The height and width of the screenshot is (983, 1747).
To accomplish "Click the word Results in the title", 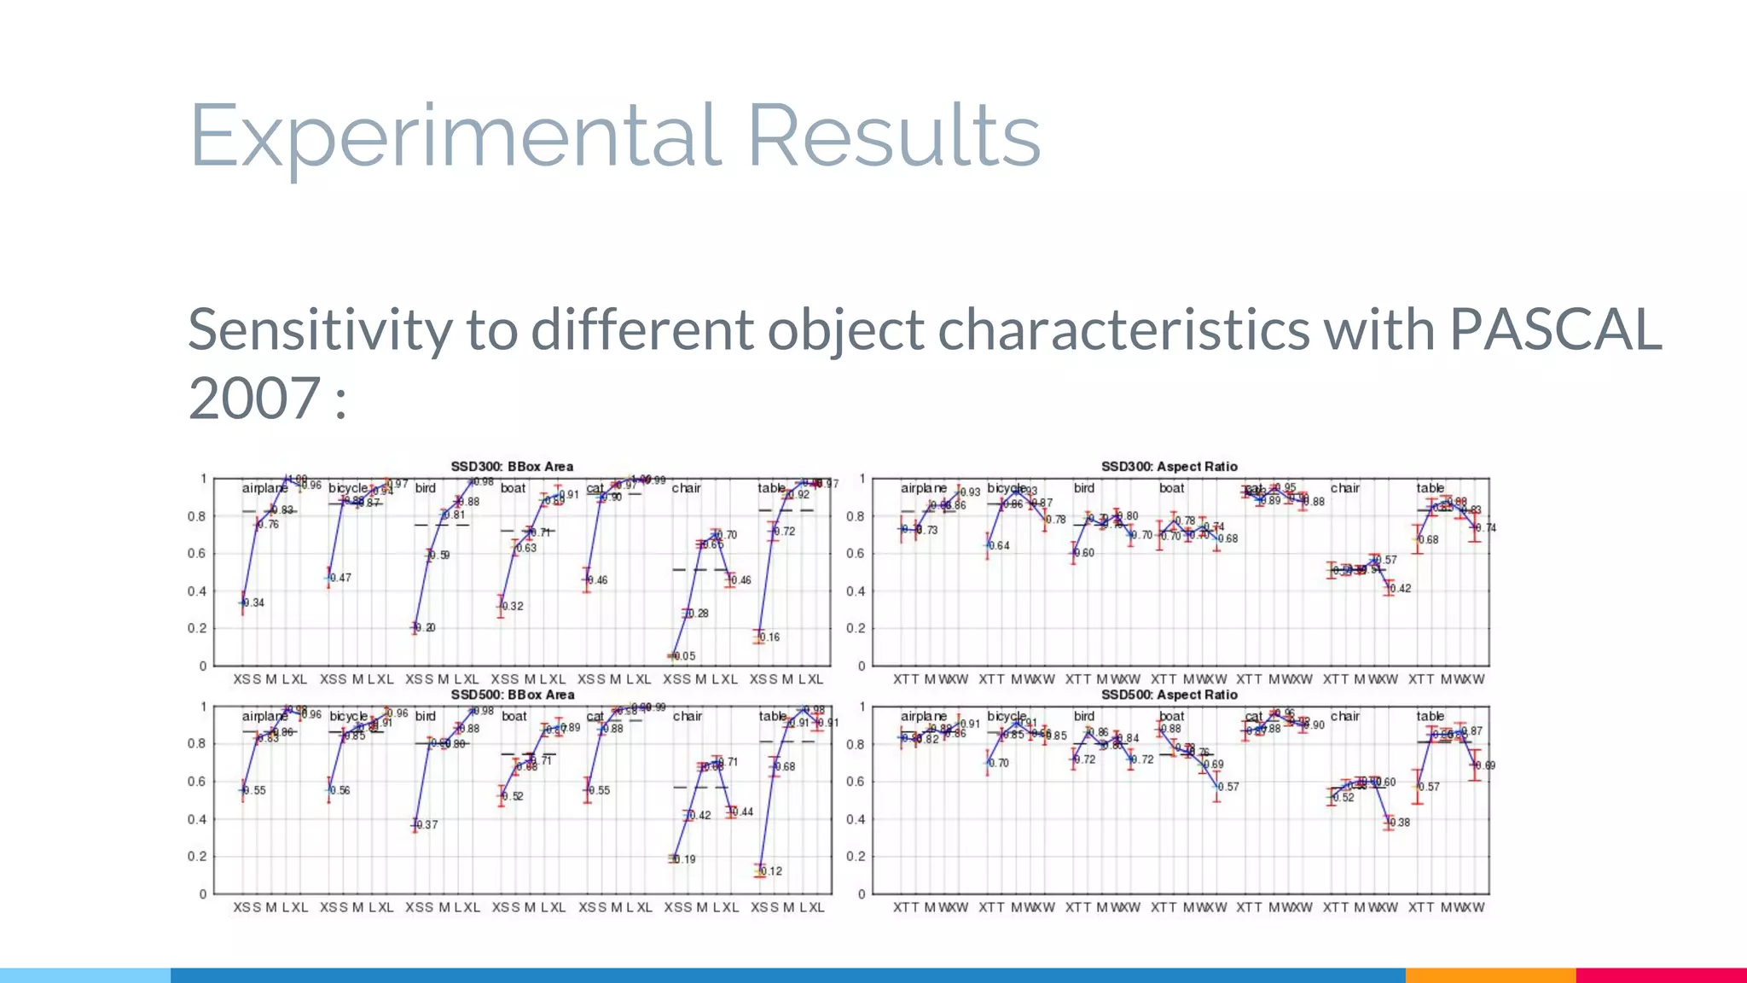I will [893, 135].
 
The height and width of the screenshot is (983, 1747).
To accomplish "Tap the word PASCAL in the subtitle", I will [1555, 329].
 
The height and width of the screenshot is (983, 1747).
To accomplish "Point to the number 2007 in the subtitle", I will [254, 398].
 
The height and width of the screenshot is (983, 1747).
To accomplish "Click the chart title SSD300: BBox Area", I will [512, 467].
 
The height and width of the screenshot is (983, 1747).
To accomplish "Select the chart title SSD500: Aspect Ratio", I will [1169, 695].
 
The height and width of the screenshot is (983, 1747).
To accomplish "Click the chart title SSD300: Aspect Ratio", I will [1169, 467].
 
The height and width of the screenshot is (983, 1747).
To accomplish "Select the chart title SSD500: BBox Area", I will [512, 695].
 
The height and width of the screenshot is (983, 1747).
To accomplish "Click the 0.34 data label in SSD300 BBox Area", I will [254, 603].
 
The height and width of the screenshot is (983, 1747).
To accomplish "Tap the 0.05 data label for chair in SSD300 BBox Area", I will [685, 656].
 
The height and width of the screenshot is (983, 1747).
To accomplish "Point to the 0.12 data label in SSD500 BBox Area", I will [771, 871].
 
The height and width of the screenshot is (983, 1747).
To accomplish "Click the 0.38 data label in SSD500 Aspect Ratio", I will [1400, 823].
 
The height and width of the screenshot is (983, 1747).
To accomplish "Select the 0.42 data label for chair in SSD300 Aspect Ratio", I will [1401, 589].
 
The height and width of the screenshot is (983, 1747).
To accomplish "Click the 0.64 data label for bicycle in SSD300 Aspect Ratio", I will [999, 546].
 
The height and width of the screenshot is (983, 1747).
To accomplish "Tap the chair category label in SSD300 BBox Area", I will [686, 488].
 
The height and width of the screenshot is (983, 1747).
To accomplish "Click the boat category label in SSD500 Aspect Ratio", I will [1171, 716].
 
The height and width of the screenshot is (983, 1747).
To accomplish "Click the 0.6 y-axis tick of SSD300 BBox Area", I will [197, 554].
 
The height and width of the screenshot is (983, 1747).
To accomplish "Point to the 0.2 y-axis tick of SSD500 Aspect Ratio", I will [856, 856].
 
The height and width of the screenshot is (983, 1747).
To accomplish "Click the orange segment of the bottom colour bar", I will [1489, 975].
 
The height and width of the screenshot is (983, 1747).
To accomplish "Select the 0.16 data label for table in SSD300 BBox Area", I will [769, 637].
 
